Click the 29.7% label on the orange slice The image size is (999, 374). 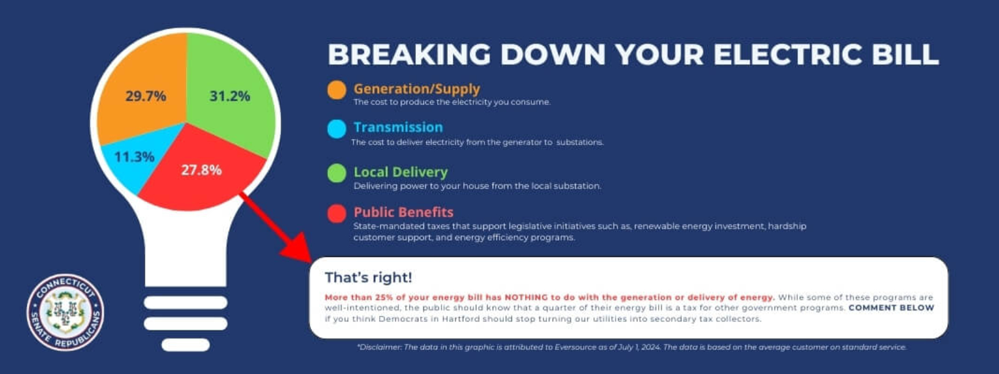click(x=146, y=96)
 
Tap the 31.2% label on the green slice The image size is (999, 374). click(x=230, y=96)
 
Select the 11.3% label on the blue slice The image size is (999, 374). click(x=134, y=156)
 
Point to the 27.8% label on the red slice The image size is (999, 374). click(x=201, y=170)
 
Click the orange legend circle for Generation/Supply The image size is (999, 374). click(x=337, y=90)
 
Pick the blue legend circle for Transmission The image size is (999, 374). click(x=337, y=129)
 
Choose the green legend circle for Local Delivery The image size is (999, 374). click(x=337, y=173)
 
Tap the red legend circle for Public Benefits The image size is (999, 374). click(x=337, y=213)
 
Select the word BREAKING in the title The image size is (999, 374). click(x=410, y=54)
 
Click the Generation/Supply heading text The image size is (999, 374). click(x=417, y=89)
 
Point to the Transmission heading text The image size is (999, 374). click(x=398, y=127)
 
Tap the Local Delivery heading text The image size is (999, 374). click(x=400, y=172)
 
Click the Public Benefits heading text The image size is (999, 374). click(x=403, y=212)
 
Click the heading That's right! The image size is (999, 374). click(x=368, y=277)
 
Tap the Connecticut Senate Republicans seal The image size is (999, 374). click(x=65, y=312)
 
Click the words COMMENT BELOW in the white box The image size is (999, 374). click(x=891, y=308)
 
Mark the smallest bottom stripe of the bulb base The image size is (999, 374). click(x=185, y=345)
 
